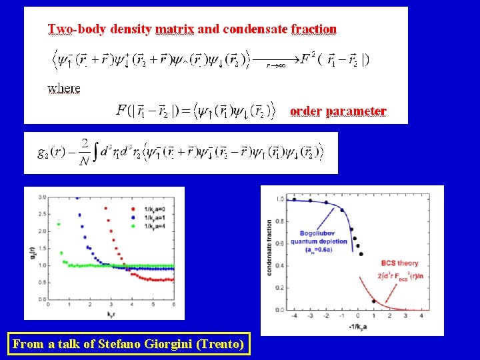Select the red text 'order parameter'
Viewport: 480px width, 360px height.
pos(338,111)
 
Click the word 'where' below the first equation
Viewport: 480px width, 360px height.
pos(64,87)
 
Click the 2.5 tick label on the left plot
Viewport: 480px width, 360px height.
pos(42,214)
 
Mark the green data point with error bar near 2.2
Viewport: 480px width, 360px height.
pos(59,223)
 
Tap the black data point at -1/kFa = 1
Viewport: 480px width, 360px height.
pos(373,301)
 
